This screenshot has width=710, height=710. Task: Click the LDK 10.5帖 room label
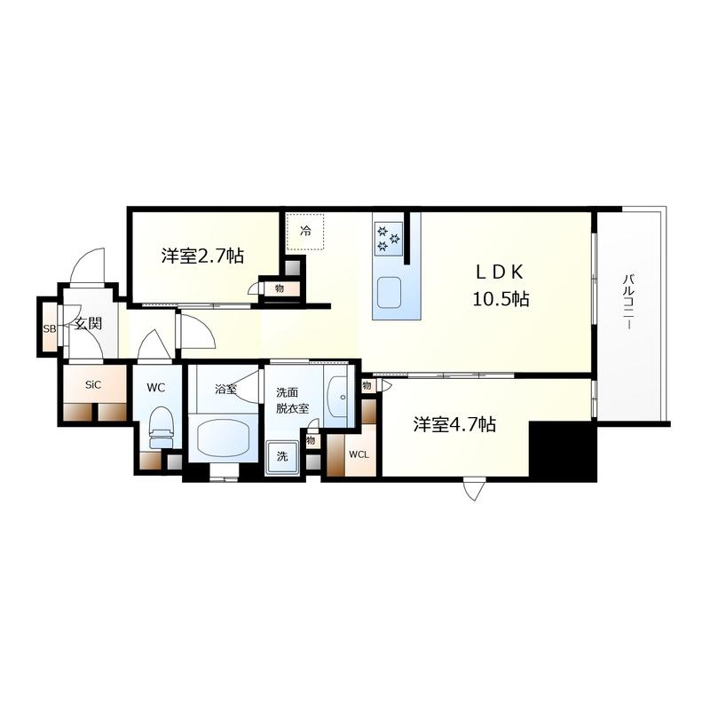[501, 285]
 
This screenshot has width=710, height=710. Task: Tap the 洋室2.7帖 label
[202, 256]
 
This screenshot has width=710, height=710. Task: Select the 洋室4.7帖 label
[454, 425]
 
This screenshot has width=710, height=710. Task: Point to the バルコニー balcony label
[627, 301]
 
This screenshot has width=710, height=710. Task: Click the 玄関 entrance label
[88, 323]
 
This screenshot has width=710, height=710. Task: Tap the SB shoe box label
[50, 329]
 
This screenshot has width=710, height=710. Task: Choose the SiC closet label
[93, 385]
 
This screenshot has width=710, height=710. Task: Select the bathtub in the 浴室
[225, 437]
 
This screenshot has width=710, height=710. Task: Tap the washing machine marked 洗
[282, 456]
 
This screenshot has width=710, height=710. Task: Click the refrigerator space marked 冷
[305, 232]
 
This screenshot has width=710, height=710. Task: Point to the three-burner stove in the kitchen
[389, 239]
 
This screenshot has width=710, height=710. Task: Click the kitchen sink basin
[389, 292]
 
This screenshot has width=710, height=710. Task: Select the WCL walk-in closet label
[359, 454]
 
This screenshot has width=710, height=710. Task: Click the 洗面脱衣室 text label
[293, 400]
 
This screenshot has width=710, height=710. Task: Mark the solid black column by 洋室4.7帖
[563, 451]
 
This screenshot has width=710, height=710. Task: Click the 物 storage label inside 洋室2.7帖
[280, 288]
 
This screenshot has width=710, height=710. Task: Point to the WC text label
[156, 388]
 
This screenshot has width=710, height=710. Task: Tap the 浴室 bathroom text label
[225, 390]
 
